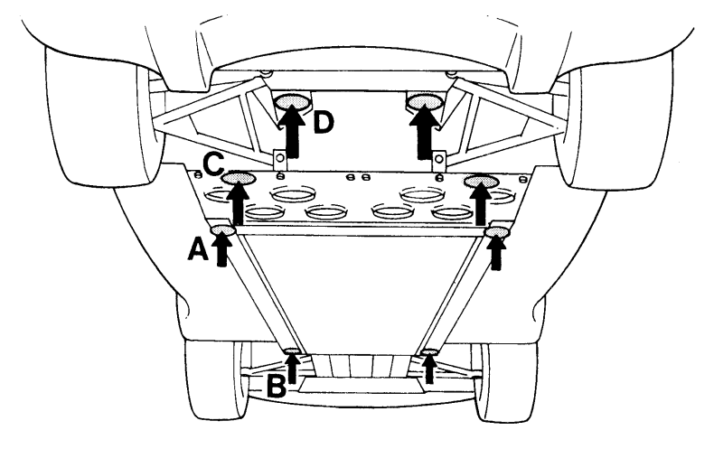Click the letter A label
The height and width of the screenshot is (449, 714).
198,250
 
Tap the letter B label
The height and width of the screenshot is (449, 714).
276,386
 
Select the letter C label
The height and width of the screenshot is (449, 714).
213,165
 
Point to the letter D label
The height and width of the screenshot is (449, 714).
324,123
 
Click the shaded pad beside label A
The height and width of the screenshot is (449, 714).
223,230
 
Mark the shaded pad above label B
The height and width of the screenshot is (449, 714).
292,351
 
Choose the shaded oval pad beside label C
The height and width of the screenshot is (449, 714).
240,179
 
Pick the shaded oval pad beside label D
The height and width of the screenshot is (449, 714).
291,100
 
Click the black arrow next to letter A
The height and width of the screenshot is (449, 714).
221,248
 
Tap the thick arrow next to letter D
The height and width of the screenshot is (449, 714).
291,132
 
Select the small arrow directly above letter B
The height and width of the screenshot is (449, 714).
292,368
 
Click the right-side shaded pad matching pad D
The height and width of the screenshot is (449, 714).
425,100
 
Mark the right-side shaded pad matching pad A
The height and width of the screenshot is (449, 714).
496,232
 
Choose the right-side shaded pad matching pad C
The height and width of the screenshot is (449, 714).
481,182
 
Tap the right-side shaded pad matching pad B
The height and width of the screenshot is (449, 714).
428,352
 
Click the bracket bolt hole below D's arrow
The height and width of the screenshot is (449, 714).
280,157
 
